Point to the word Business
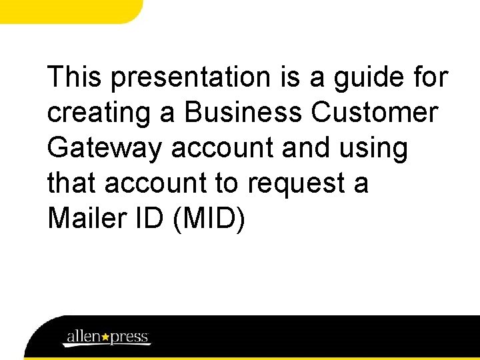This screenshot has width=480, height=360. coord(243,113)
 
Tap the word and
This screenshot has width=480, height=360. coord(306,149)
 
